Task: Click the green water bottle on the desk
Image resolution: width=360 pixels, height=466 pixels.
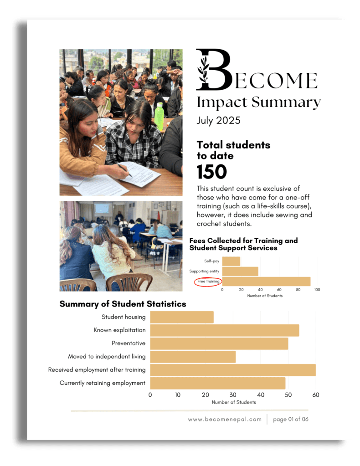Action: click(159, 116)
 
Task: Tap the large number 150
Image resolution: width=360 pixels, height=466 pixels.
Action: click(212, 172)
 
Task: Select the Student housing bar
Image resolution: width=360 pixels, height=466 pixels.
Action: click(182, 317)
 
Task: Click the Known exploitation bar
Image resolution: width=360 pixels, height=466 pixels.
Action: click(225, 330)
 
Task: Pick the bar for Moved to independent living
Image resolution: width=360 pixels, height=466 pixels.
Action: click(193, 357)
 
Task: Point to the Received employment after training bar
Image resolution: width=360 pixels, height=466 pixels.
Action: click(233, 370)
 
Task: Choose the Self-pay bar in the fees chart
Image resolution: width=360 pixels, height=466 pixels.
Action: click(231, 261)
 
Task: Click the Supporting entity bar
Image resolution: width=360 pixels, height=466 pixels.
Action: click(240, 271)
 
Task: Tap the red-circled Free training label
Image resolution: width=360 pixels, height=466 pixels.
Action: click(208, 282)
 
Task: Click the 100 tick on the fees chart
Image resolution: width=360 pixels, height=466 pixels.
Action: click(317, 290)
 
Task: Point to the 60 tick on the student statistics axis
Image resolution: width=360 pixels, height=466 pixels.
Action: click(316, 395)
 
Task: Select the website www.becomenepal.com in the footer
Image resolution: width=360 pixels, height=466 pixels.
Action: click(225, 419)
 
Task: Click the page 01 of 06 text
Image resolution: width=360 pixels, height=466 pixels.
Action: click(291, 419)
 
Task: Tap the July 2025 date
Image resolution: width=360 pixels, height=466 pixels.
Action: click(219, 121)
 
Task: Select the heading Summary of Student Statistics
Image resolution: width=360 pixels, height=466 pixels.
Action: click(123, 304)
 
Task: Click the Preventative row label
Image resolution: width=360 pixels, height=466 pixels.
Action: click(129, 343)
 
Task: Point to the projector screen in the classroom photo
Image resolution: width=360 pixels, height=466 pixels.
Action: click(102, 209)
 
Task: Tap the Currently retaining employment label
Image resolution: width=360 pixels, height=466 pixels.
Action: click(103, 383)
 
